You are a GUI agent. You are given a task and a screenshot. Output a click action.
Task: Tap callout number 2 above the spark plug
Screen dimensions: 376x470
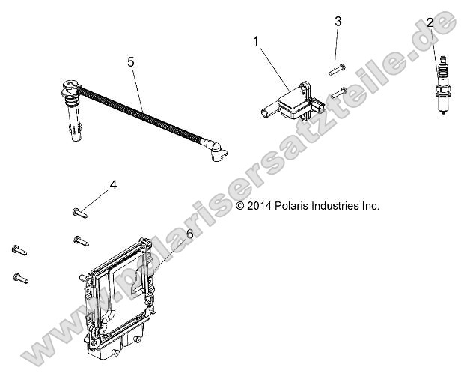tap(430, 23)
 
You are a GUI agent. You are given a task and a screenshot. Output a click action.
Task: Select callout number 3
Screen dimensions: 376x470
tap(338, 22)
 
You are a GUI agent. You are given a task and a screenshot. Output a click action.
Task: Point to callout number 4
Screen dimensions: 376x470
tap(113, 184)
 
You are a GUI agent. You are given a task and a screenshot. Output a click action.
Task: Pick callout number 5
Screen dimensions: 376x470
tap(131, 62)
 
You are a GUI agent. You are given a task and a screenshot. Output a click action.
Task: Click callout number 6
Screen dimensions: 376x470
tap(189, 234)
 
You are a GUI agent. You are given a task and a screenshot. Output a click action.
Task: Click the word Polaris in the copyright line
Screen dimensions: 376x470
tap(289, 205)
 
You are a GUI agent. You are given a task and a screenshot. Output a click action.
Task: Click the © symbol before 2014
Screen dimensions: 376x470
tap(240, 205)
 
